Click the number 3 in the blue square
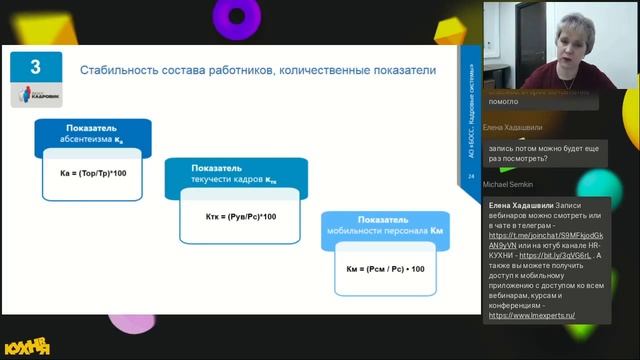click(x=35, y=67)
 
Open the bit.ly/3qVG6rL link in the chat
click(x=537, y=255)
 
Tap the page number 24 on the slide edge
click(x=471, y=177)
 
